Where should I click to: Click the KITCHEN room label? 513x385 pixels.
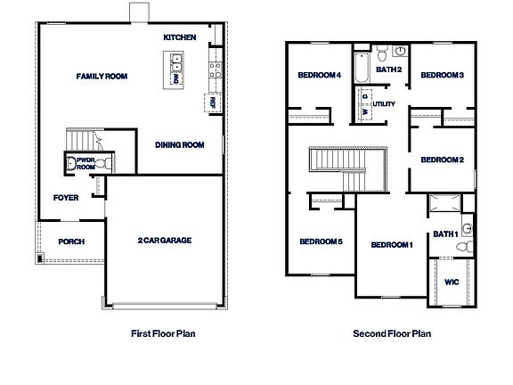pyautogui.click(x=179, y=37)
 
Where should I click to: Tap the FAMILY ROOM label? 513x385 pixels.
pyautogui.click(x=102, y=77)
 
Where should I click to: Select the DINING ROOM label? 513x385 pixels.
pyautogui.click(x=181, y=145)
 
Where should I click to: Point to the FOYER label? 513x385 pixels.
pyautogui.click(x=67, y=198)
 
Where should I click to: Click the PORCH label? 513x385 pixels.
pyautogui.click(x=71, y=242)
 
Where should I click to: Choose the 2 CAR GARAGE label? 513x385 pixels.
pyautogui.click(x=165, y=240)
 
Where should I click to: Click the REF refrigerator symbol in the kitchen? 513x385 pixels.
pyautogui.click(x=213, y=103)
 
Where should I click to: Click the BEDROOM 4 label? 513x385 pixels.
pyautogui.click(x=321, y=76)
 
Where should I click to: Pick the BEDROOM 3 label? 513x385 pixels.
pyautogui.click(x=442, y=76)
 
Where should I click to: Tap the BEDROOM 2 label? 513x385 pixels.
pyautogui.click(x=442, y=160)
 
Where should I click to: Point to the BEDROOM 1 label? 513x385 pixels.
pyautogui.click(x=392, y=245)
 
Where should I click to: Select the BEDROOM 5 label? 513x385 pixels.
pyautogui.click(x=321, y=242)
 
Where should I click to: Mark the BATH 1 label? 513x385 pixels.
pyautogui.click(x=445, y=234)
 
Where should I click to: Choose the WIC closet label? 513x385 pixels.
pyautogui.click(x=452, y=282)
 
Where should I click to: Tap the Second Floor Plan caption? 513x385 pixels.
pyautogui.click(x=392, y=334)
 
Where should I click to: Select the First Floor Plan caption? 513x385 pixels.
pyautogui.click(x=163, y=334)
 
